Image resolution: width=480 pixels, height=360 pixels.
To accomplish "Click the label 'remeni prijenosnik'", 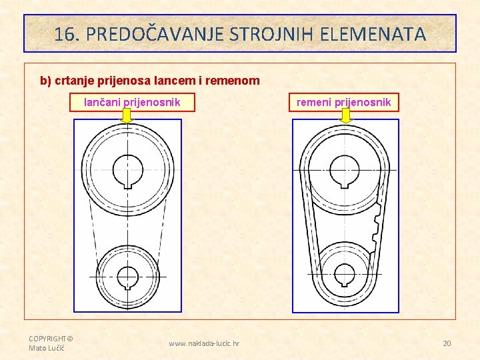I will click(343, 102).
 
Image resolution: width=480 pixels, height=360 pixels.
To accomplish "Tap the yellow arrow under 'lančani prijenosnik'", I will click(127, 116).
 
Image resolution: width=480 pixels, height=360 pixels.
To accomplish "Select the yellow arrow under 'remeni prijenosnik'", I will click(345, 116).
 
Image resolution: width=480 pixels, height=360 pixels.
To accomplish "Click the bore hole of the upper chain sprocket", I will click(127, 169).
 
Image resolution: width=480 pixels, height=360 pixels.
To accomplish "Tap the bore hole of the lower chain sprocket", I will click(127, 276).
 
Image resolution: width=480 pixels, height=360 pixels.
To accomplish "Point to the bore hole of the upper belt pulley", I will click(345, 169).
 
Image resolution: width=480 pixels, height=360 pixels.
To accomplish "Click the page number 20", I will click(447, 343).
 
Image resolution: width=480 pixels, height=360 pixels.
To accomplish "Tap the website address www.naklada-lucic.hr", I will click(204, 344).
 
